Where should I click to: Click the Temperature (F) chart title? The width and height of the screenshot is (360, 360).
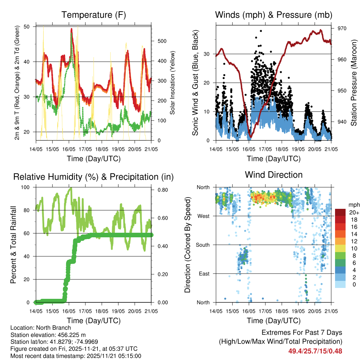(x=94, y=15)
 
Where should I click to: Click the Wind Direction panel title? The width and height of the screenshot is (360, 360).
(x=274, y=175)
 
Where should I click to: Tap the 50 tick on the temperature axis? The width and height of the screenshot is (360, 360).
(x=30, y=27)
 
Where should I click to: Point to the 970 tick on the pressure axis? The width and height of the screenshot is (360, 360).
(x=342, y=28)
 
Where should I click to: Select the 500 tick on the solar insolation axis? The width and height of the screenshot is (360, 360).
(x=161, y=41)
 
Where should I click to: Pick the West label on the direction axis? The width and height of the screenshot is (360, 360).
(x=203, y=216)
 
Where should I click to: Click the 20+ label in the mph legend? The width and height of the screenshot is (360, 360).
(x=353, y=212)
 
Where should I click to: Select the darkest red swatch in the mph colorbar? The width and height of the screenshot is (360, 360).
(x=340, y=212)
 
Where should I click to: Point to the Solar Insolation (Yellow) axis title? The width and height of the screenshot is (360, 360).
(x=173, y=83)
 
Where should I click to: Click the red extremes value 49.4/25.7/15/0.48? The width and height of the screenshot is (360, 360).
(x=315, y=351)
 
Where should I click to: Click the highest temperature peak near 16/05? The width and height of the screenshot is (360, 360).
(x=71, y=29)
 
